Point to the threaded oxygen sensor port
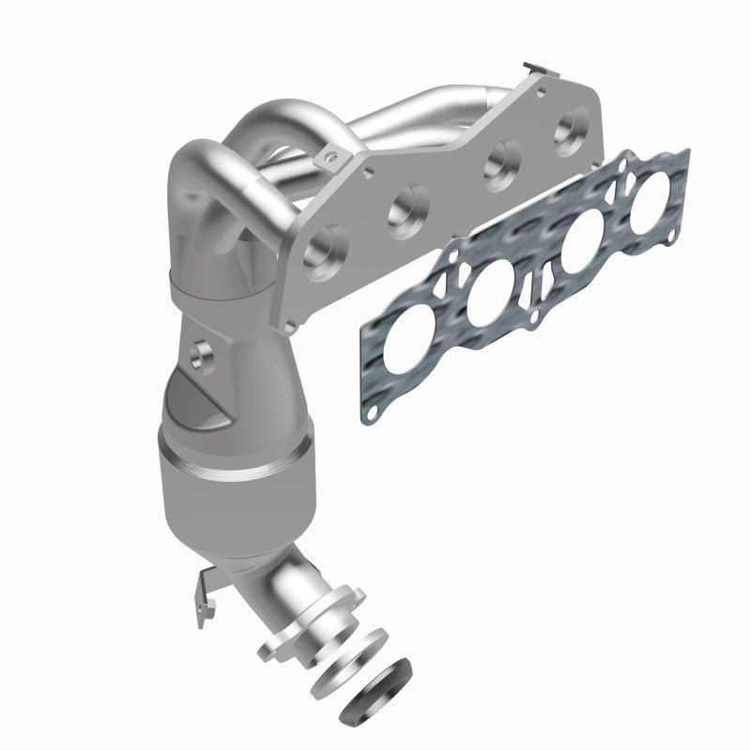pos(199,355)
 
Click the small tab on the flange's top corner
pos(534,68)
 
